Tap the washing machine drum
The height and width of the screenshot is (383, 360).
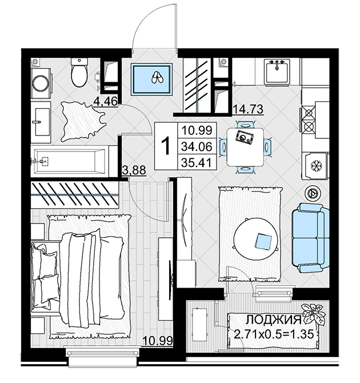[41, 83]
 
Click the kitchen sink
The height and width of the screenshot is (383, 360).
[277, 71]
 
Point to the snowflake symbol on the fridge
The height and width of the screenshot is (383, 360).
[317, 166]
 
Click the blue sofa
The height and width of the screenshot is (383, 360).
[310, 238]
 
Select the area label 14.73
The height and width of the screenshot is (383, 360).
[248, 109]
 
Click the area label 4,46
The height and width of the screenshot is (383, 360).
[106, 101]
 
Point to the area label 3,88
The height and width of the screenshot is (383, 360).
[134, 170]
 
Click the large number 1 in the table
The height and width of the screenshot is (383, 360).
[166, 146]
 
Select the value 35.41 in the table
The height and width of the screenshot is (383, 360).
[197, 162]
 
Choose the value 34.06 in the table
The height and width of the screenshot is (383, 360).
[197, 146]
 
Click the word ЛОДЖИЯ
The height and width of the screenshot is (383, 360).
[273, 320]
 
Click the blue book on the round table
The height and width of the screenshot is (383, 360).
[263, 242]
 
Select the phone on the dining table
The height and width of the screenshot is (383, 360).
[245, 138]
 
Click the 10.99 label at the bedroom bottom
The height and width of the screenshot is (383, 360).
[158, 341]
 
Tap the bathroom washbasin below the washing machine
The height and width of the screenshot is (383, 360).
[41, 122]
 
